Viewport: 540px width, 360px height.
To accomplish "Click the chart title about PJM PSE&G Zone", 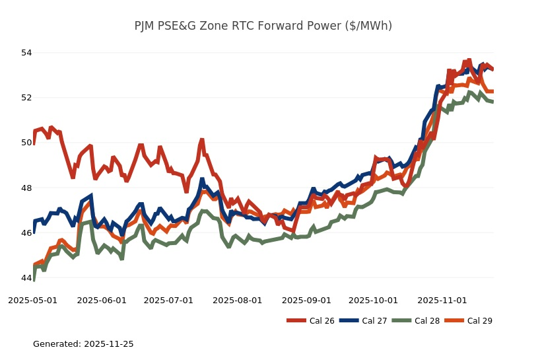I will point(263,26).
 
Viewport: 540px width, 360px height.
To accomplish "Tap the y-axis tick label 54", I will point(26,52).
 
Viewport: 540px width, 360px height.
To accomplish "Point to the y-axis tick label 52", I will point(26,98).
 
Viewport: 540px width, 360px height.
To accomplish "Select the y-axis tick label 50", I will point(26,143).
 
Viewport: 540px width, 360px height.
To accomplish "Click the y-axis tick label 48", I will point(26,188).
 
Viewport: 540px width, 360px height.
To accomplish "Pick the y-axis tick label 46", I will point(26,233).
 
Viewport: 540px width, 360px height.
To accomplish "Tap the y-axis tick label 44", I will point(26,278).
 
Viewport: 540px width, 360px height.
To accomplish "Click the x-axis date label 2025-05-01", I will point(33,300).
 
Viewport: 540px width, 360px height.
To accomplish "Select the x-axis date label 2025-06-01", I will point(102,300).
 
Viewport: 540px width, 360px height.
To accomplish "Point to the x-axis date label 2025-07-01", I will point(168,300).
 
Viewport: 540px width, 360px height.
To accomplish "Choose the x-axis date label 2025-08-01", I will point(238,300).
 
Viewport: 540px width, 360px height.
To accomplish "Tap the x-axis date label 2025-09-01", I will point(306,300).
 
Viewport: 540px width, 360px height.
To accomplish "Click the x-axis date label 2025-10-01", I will point(373,300).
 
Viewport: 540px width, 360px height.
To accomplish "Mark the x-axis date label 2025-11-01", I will point(442,300).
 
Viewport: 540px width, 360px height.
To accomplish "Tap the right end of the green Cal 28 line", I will point(493,102).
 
